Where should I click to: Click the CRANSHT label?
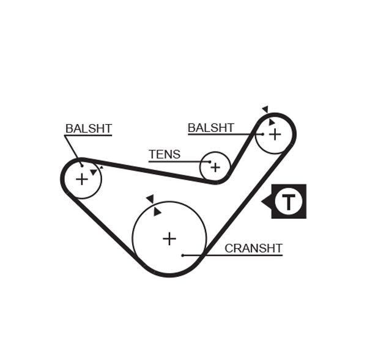[x=253, y=248]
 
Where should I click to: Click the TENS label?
[x=165, y=154]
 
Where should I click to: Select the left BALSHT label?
[x=89, y=128]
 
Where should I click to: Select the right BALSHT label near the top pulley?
[x=210, y=127]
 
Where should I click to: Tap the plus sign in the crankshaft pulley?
[x=169, y=238]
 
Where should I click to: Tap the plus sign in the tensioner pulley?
[x=215, y=167]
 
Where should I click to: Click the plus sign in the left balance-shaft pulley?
[x=81, y=179]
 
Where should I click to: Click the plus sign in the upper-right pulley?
[x=275, y=133]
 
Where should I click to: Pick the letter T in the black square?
[x=288, y=201]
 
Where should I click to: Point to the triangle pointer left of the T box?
[x=266, y=200]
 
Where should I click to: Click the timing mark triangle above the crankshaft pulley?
[x=149, y=199]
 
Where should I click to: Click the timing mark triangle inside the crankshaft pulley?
[x=157, y=211]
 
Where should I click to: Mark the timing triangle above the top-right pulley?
[x=265, y=109]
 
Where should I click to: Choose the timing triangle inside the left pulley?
[x=93, y=172]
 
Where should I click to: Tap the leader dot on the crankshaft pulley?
[x=183, y=255]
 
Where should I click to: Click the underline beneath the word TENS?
[x=165, y=162]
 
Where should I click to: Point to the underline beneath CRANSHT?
[x=254, y=255]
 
